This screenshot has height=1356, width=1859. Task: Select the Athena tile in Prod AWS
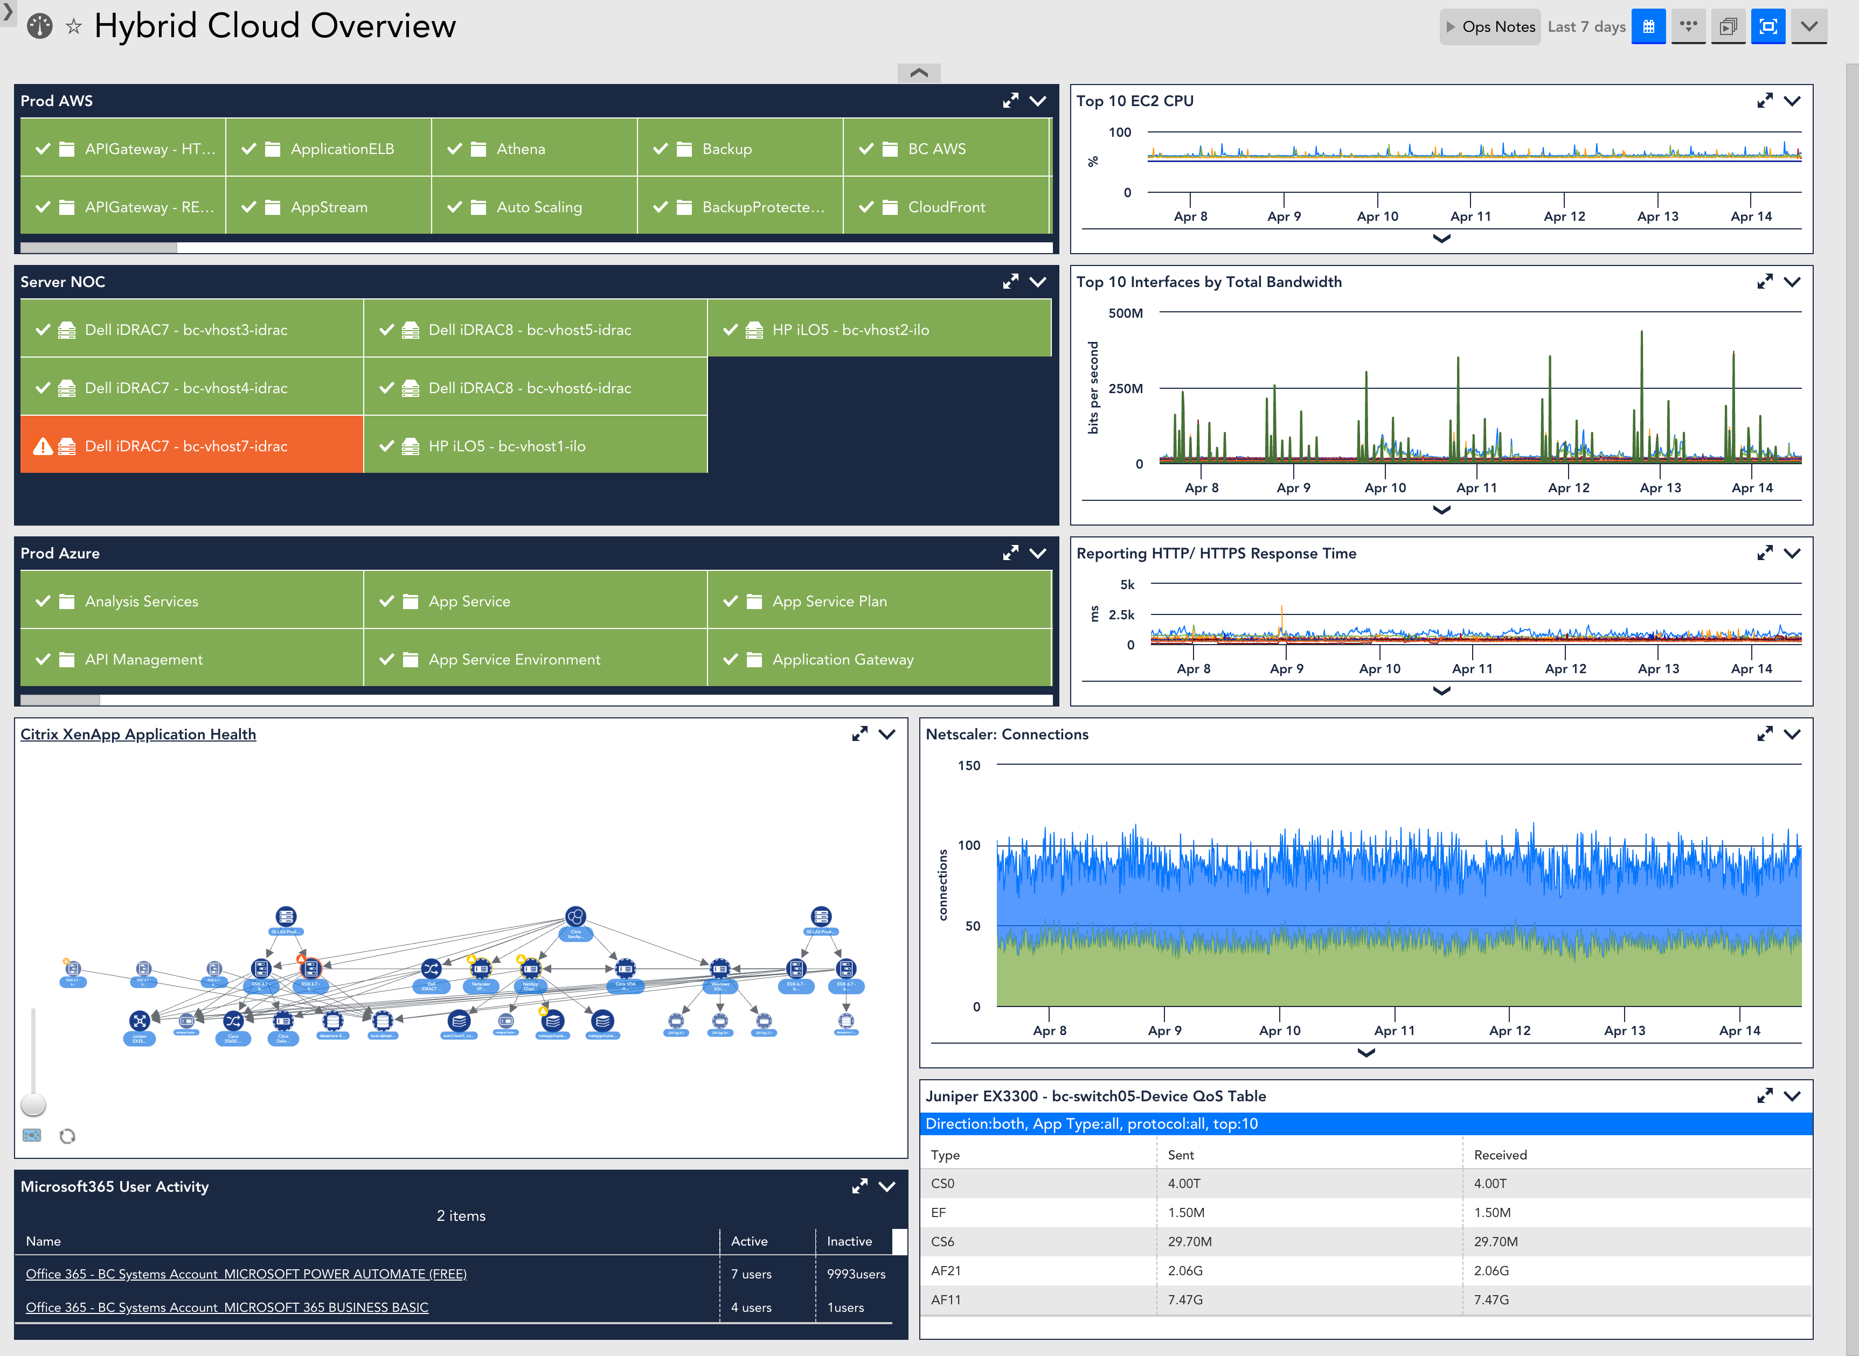[534, 149]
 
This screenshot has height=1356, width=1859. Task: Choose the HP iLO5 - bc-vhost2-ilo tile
[879, 329]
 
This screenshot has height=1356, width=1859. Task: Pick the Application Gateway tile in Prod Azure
[879, 659]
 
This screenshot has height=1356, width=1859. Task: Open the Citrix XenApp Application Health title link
[138, 734]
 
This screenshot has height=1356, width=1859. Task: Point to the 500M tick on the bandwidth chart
[1125, 313]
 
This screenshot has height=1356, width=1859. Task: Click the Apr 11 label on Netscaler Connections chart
[1395, 1030]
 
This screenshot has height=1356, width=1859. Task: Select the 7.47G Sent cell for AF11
[1185, 1299]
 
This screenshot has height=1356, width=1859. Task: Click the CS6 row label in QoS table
[942, 1241]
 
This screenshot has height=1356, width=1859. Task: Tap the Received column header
[1500, 1155]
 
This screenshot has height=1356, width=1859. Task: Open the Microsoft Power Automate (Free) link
[246, 1274]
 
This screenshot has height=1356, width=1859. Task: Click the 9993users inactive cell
[856, 1274]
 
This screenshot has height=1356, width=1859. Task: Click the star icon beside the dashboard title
[74, 27]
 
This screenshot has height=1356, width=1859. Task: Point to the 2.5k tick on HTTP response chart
[1121, 615]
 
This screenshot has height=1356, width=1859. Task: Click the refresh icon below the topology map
[67, 1136]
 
